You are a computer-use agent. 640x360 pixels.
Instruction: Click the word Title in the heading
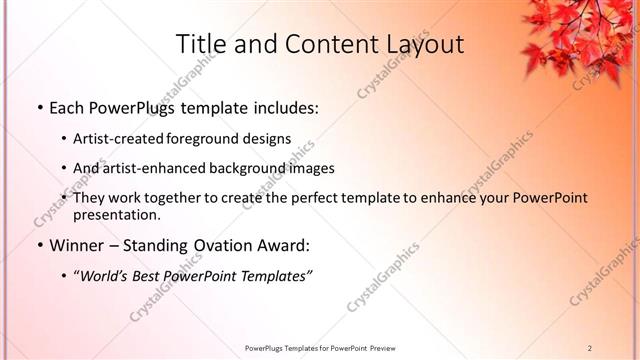pyautogui.click(x=200, y=45)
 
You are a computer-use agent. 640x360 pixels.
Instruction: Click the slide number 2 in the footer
pyautogui.click(x=590, y=348)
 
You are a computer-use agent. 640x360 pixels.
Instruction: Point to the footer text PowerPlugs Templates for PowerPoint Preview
pyautogui.click(x=320, y=348)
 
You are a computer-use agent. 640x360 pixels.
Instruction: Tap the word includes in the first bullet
pyautogui.click(x=284, y=108)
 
